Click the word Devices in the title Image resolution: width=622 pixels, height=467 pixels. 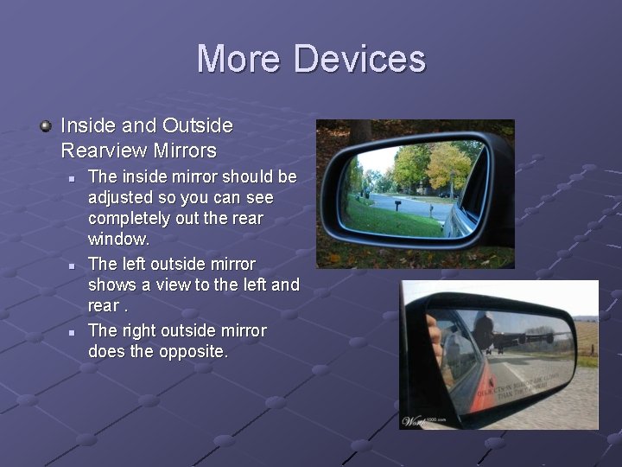[x=359, y=59]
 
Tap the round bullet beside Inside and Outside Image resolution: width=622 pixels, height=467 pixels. [x=46, y=126]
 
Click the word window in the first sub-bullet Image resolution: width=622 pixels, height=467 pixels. [x=117, y=238]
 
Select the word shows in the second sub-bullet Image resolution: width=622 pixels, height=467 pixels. [x=110, y=285]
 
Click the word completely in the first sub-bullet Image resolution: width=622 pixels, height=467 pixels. [x=132, y=217]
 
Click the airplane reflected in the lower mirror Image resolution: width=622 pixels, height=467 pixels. [x=518, y=333]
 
